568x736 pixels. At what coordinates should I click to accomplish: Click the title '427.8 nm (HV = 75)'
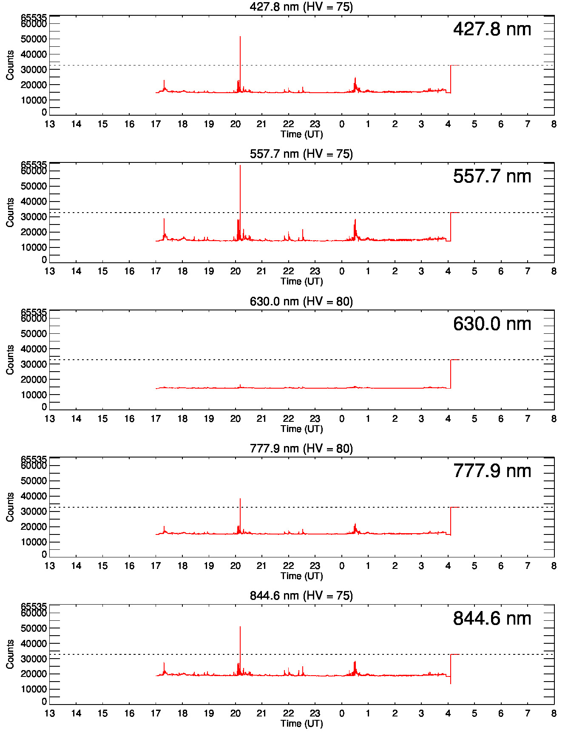point(301,7)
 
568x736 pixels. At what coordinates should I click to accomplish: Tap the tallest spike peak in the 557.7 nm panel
point(240,166)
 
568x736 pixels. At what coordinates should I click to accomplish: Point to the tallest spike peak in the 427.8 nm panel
point(240,37)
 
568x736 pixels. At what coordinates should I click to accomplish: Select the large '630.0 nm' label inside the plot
point(492,324)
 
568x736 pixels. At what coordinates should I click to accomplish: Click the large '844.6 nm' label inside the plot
point(492,619)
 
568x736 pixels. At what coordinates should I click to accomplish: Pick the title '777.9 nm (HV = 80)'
point(301,449)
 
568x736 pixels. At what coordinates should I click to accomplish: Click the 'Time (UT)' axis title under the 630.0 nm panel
point(301,429)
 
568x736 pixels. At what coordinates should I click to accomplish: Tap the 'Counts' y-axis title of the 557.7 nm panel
point(10,212)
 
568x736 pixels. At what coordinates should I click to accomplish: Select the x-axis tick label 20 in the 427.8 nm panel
point(235,124)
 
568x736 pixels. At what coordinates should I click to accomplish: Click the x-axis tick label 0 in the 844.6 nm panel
point(341,713)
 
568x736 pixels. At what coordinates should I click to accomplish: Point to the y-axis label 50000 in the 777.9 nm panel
point(34,481)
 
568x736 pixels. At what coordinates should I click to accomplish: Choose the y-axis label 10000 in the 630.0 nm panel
point(34,395)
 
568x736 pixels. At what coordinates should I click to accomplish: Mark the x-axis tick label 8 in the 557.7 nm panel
point(554,271)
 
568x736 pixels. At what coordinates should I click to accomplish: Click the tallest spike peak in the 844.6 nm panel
point(240,627)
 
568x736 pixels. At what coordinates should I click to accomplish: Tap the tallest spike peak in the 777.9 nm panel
point(240,499)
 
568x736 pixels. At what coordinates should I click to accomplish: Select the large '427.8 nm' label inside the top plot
point(492,29)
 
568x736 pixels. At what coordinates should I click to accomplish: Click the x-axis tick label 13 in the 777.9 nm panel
point(50,566)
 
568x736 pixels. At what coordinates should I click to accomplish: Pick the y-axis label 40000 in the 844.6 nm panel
point(34,644)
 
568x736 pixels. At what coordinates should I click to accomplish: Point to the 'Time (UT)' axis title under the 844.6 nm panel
point(301,723)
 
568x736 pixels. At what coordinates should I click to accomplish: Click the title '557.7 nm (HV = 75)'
point(301,154)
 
